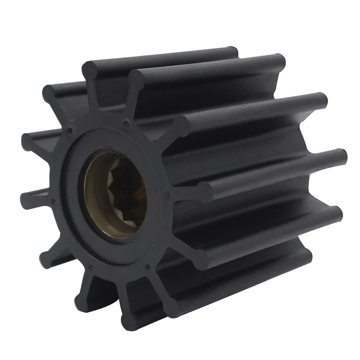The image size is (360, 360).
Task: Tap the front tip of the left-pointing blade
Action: (x=27, y=198)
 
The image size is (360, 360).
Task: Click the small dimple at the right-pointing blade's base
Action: (x=167, y=194)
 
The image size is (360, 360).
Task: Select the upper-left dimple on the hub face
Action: (x=70, y=131)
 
